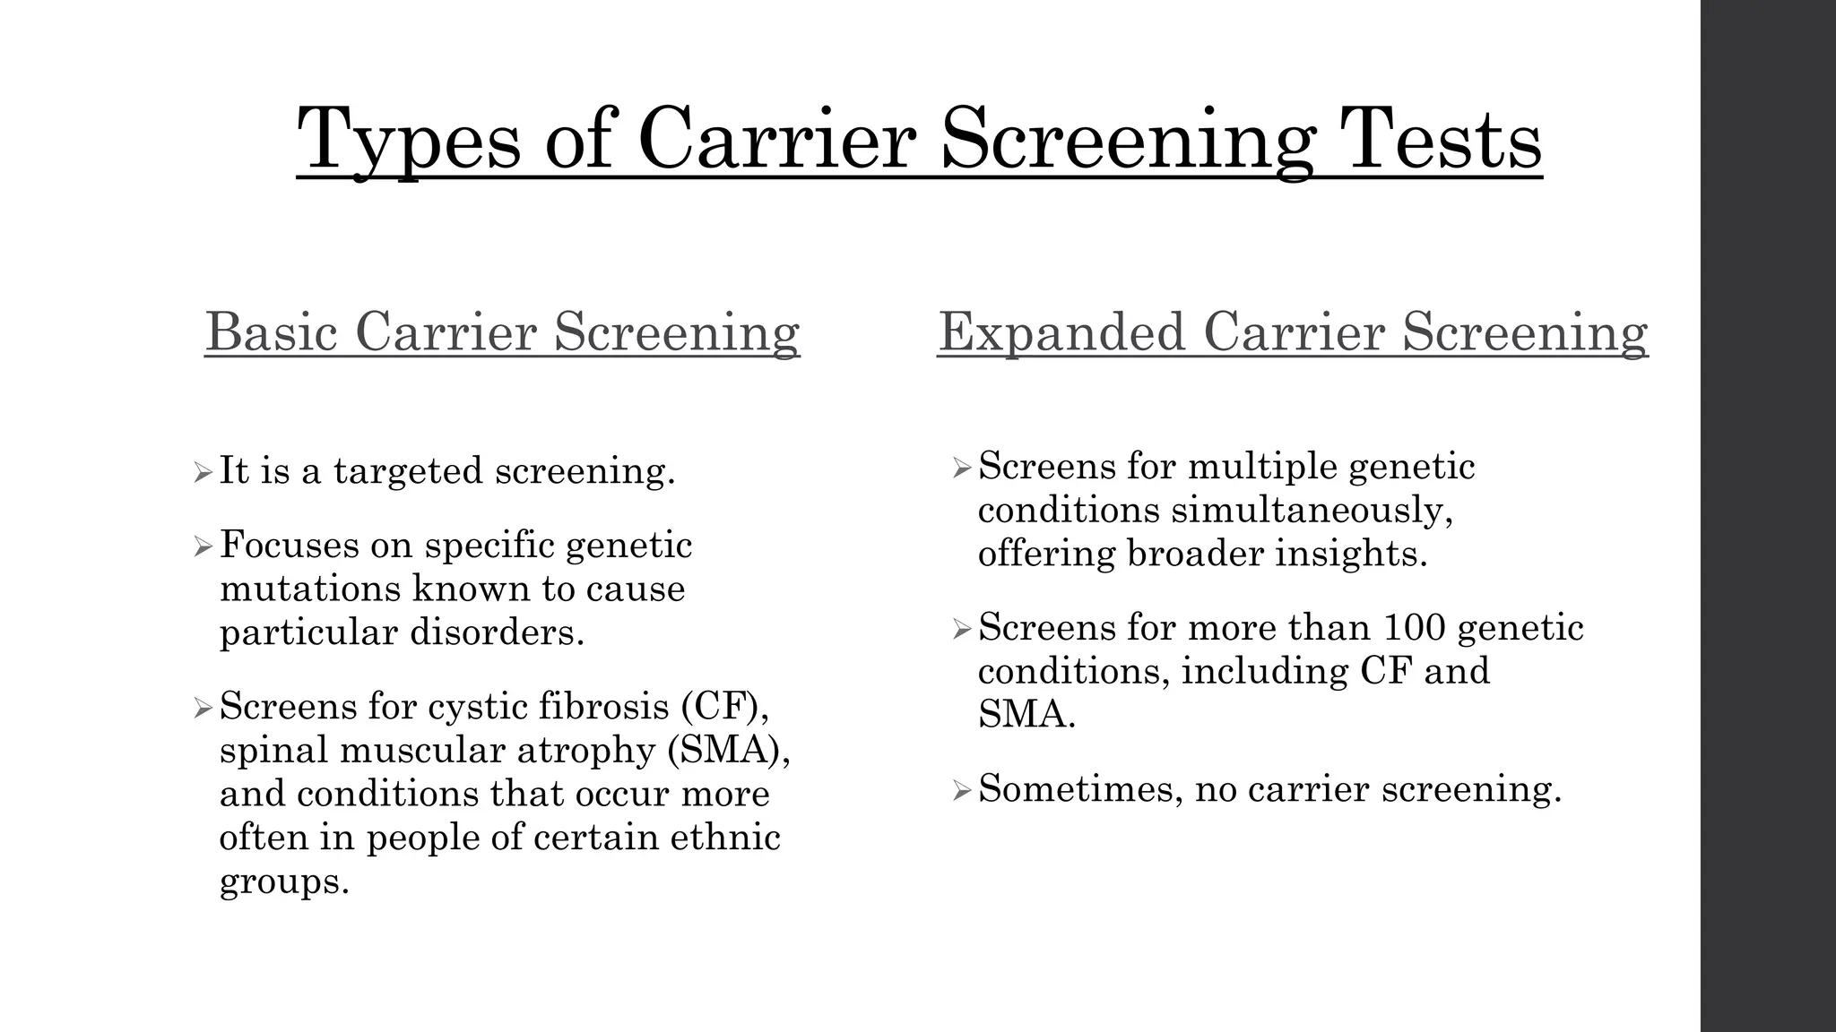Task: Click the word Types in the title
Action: pyautogui.click(x=408, y=141)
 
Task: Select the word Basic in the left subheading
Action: pyautogui.click(x=272, y=331)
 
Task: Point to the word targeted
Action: pyautogui.click(x=408, y=471)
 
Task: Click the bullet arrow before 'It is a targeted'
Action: pyautogui.click(x=203, y=472)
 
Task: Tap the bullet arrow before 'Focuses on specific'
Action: pyautogui.click(x=203, y=546)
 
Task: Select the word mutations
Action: pyautogui.click(x=310, y=589)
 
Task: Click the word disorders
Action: pyautogui.click(x=497, y=632)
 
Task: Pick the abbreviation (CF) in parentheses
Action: pyautogui.click(x=724, y=706)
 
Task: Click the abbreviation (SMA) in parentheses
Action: pyautogui.click(x=729, y=750)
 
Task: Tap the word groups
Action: pyautogui.click(x=283, y=881)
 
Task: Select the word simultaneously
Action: pyautogui.click(x=1312, y=511)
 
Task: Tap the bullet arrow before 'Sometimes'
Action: pyautogui.click(x=962, y=791)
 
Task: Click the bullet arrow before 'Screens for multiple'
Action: pyautogui.click(x=962, y=468)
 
